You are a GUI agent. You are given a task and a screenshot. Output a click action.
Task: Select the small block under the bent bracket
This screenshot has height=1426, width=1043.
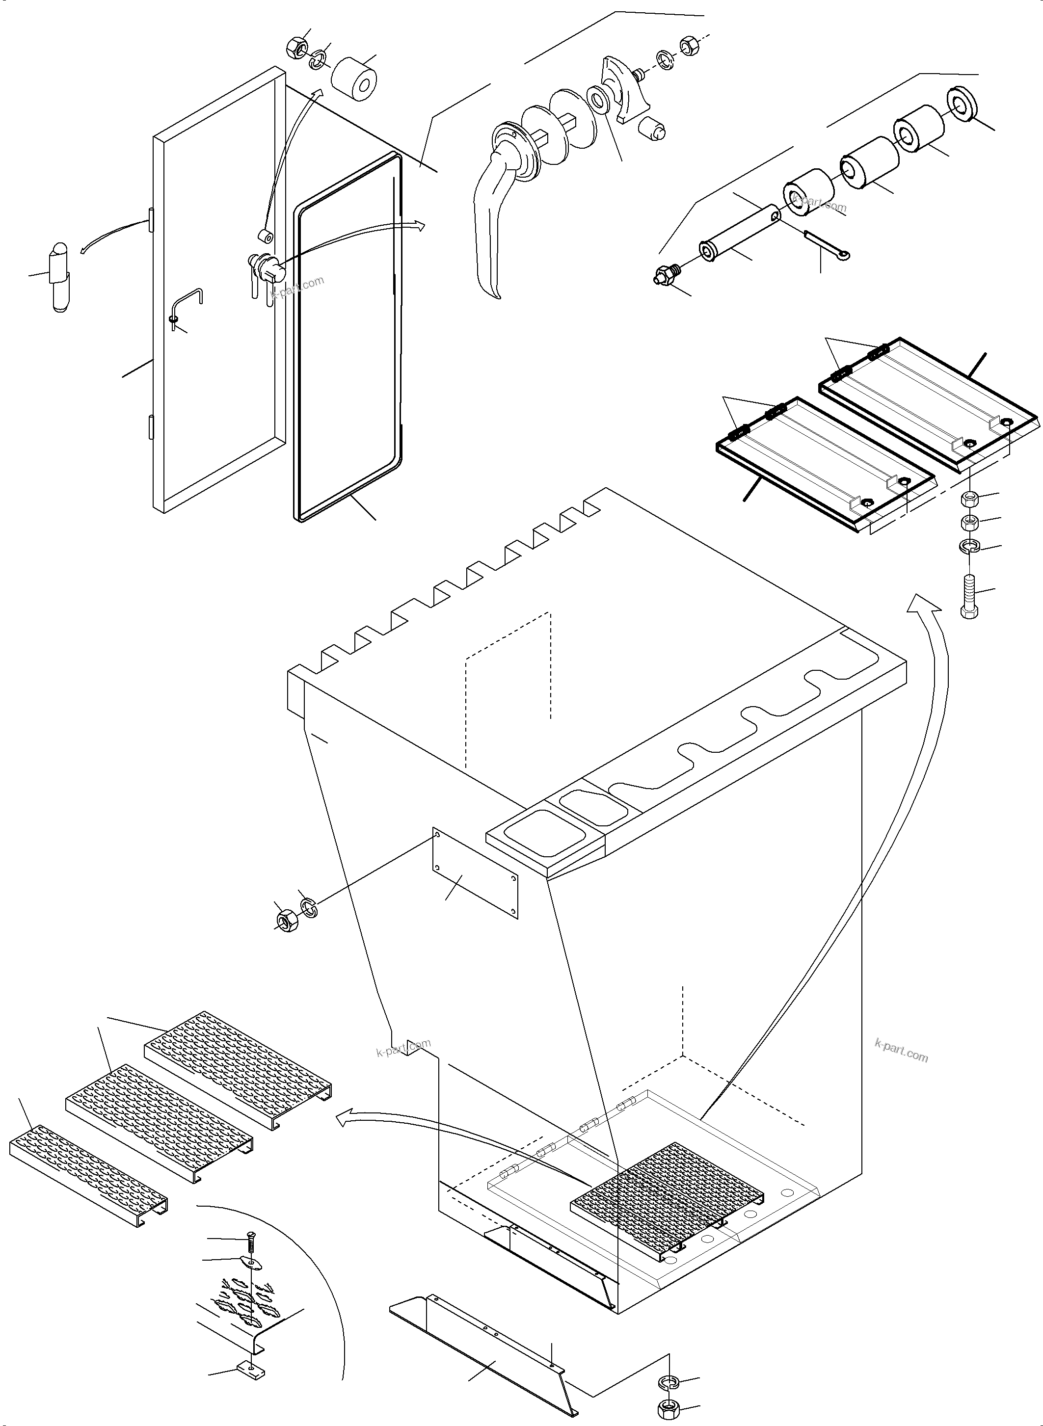coord(252,1366)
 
